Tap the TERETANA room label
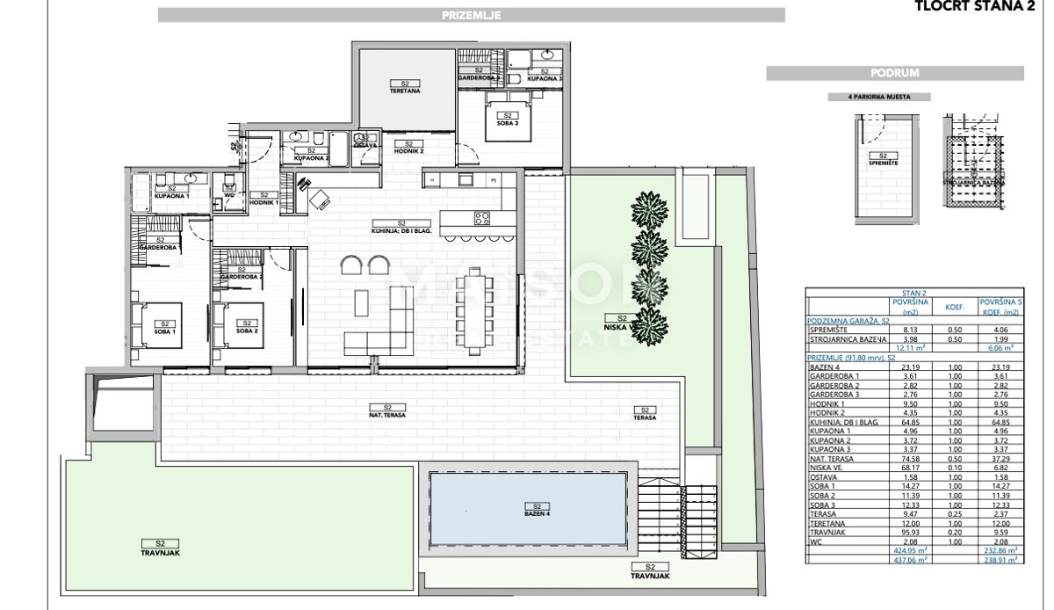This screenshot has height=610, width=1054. [405, 89]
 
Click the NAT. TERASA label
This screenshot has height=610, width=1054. [387, 413]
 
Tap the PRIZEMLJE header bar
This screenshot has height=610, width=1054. [471, 15]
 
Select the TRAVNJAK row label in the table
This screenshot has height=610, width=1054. [827, 531]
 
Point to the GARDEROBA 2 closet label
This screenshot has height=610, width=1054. [242, 277]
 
